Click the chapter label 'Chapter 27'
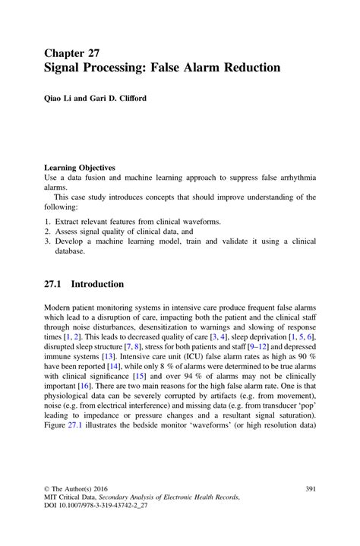coord(72,52)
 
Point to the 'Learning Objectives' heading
coord(80,167)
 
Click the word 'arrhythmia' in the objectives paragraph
coord(293,176)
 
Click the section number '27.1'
coord(55,284)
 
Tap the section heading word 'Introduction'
coord(97,284)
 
